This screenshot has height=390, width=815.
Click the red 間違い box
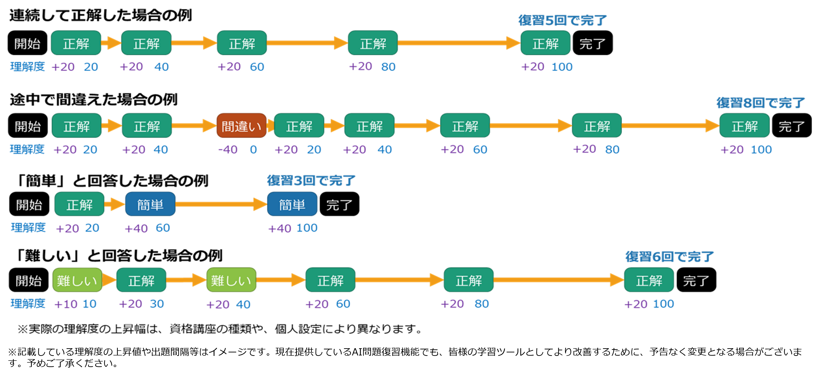[x=241, y=126]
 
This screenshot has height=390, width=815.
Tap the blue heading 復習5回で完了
[x=562, y=20]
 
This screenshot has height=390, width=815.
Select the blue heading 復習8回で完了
[x=760, y=103]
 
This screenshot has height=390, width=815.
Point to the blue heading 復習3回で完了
[x=311, y=181]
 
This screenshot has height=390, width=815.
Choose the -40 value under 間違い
[x=228, y=149]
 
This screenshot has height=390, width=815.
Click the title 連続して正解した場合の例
[x=101, y=15]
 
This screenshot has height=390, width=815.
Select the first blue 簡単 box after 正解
[x=150, y=204]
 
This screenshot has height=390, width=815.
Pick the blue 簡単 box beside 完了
[x=292, y=204]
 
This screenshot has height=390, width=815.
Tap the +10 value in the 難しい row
[x=66, y=304]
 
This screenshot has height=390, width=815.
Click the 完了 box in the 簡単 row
[x=339, y=204]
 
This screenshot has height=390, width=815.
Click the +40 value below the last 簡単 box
[x=279, y=228]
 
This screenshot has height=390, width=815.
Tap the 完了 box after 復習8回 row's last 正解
[x=791, y=126]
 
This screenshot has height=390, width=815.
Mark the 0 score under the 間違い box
[x=253, y=149]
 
